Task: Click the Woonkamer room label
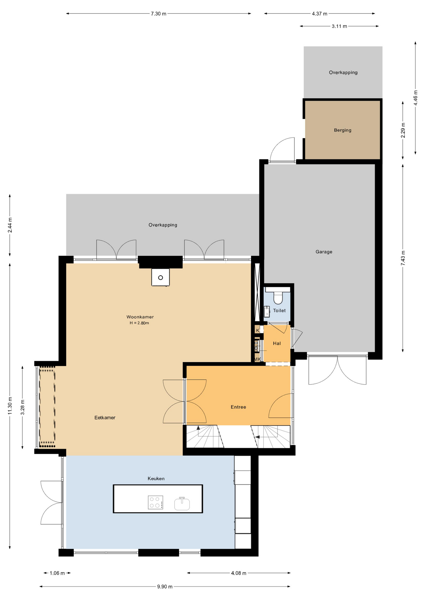click(140, 317)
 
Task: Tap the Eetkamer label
click(105, 417)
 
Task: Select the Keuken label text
click(156, 478)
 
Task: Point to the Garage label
click(324, 252)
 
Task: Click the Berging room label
click(343, 130)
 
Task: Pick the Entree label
click(238, 407)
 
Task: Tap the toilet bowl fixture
click(278, 297)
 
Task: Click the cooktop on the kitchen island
click(156, 502)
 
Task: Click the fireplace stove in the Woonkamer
click(161, 277)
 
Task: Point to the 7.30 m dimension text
click(159, 14)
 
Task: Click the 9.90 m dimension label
click(165, 587)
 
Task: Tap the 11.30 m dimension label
click(10, 406)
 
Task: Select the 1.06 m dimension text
click(57, 573)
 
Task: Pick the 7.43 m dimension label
click(403, 258)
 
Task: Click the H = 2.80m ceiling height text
click(139, 323)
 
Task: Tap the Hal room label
click(277, 343)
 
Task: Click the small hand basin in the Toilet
click(267, 312)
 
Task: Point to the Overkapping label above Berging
click(343, 72)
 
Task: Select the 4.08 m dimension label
click(239, 573)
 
